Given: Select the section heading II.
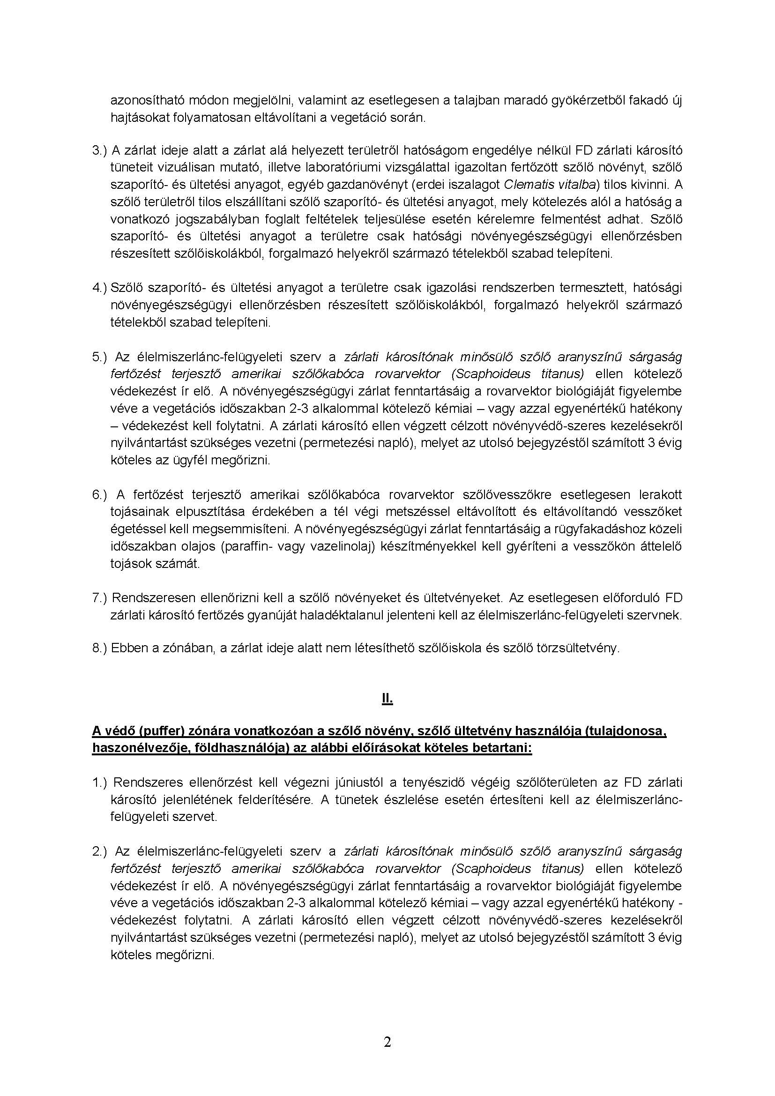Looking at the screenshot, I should click(x=387, y=699).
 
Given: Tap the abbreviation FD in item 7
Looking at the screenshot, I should click(x=673, y=598).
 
